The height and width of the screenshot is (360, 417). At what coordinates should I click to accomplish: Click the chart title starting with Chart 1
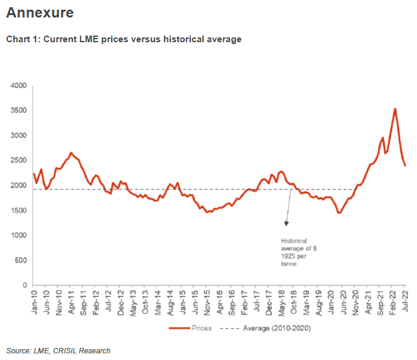tap(124, 39)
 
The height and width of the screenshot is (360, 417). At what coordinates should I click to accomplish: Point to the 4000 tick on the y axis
tap(19, 86)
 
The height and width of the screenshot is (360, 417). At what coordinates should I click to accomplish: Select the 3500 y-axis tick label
tap(19, 111)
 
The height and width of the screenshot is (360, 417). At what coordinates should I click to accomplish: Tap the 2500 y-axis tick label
tap(19, 161)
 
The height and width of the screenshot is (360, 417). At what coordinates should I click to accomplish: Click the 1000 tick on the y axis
tap(19, 236)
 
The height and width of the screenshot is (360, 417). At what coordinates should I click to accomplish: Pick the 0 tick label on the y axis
tap(25, 285)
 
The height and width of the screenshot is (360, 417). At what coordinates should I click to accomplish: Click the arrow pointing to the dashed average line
tap(290, 208)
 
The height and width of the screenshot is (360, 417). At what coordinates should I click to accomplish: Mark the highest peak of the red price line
tap(395, 109)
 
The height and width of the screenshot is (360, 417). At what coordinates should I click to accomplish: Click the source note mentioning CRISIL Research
tap(59, 350)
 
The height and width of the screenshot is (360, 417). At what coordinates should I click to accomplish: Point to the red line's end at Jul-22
tap(404, 165)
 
